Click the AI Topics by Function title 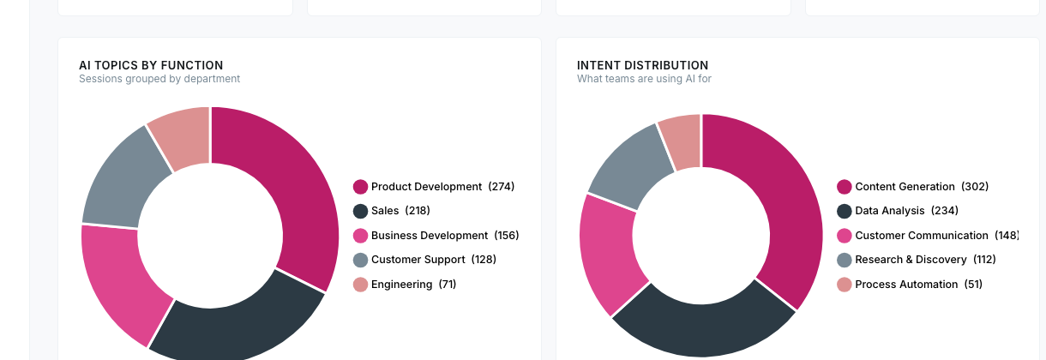[151, 65]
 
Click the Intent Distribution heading [642, 65]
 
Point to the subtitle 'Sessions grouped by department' [159, 79]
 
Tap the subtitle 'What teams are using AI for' [644, 79]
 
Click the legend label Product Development [426, 187]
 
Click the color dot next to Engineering [360, 285]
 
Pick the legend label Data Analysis [890, 211]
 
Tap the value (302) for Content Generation [975, 187]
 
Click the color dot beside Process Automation [845, 285]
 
